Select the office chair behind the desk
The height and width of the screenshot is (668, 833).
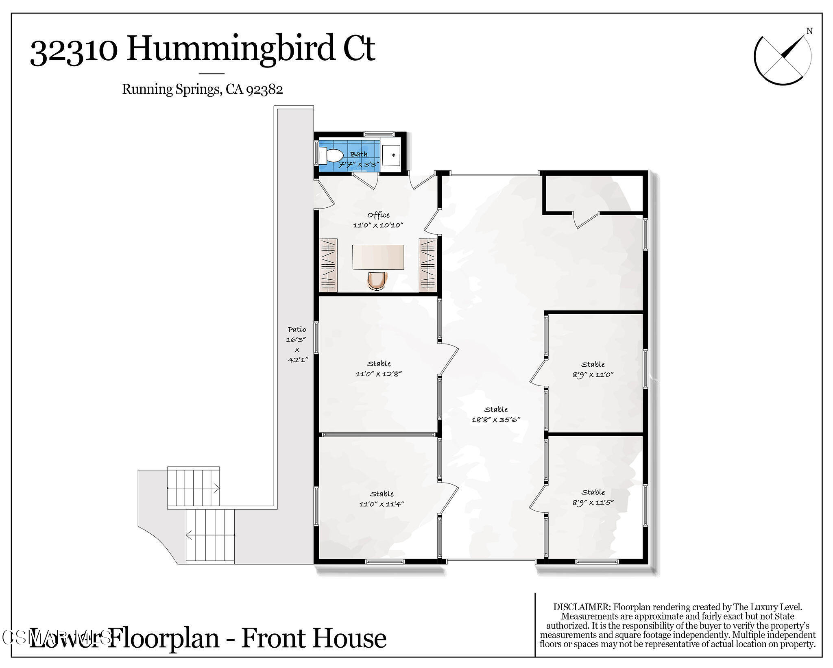click(x=378, y=281)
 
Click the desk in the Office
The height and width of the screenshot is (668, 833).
click(x=378, y=257)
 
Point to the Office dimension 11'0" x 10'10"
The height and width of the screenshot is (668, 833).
click(x=378, y=225)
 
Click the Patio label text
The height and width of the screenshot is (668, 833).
click(x=297, y=329)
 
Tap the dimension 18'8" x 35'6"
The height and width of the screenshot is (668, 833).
click(x=496, y=420)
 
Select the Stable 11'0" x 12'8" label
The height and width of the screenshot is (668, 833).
click(x=379, y=369)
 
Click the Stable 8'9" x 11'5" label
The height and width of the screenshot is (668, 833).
click(x=593, y=497)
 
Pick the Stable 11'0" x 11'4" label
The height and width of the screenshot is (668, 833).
click(x=382, y=499)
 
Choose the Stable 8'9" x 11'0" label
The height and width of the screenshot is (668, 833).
click(x=593, y=370)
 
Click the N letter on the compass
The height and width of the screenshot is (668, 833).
click(x=809, y=31)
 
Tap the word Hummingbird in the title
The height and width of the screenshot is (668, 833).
click(x=230, y=49)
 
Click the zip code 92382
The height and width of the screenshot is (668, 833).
click(x=264, y=89)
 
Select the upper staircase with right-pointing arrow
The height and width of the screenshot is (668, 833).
click(x=194, y=487)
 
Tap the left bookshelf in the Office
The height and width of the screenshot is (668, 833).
click(x=328, y=265)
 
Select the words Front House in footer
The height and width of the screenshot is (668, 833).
click(x=314, y=638)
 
